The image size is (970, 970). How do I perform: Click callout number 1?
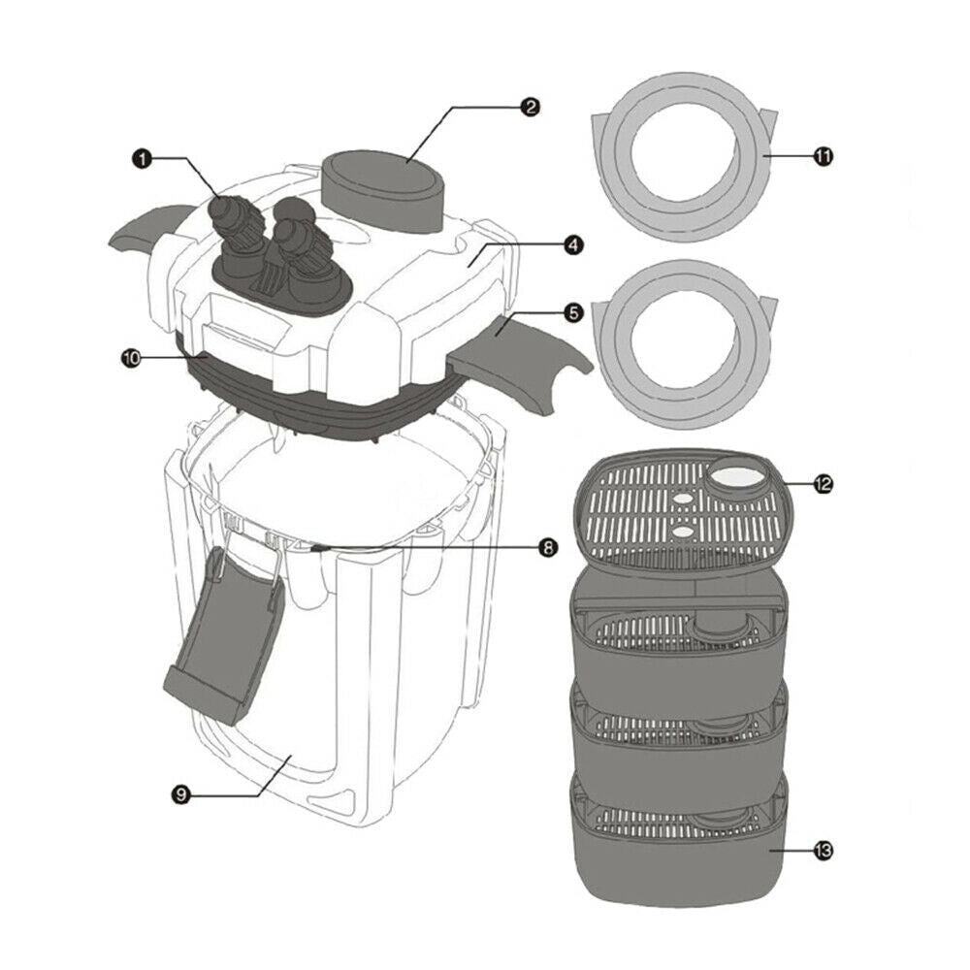(143, 159)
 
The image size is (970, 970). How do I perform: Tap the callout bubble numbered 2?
(530, 107)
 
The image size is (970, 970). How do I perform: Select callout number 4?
(573, 245)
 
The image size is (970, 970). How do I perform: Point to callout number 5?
(573, 313)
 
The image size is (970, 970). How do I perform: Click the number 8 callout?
(547, 547)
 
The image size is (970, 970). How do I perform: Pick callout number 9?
(180, 794)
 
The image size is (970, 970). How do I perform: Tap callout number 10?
(131, 358)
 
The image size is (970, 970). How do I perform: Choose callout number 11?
(823, 156)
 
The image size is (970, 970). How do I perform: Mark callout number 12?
(823, 483)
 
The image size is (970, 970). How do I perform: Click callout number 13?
(823, 852)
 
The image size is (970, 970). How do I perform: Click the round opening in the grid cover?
(738, 476)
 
